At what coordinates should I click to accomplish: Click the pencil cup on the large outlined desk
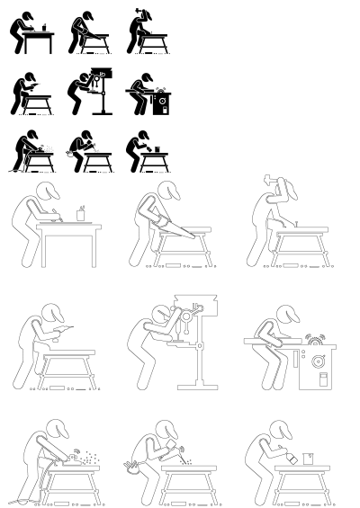[x=81, y=213]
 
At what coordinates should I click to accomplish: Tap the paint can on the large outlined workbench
[x=308, y=459]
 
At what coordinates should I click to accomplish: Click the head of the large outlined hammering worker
[x=285, y=188]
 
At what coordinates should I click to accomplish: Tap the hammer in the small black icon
[x=138, y=13]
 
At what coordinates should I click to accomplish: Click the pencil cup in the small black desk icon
[x=43, y=28]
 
